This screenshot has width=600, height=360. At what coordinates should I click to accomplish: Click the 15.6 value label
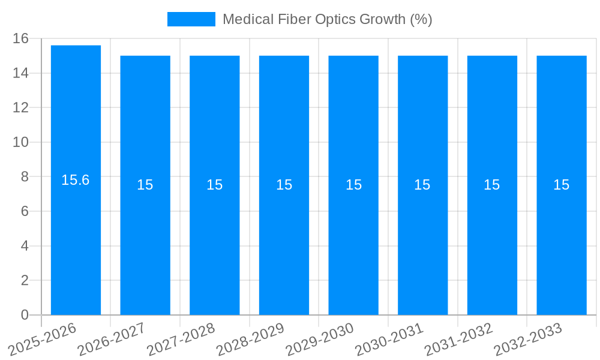[x=76, y=180]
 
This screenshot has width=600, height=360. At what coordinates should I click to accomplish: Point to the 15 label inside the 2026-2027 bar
[x=145, y=185]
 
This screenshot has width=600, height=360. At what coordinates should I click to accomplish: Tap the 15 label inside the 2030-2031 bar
[x=422, y=185]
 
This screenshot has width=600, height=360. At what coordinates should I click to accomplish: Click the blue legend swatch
[x=191, y=19]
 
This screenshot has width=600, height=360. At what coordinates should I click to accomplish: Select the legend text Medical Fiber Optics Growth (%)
[x=327, y=19]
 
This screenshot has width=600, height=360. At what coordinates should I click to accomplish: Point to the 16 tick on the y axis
[x=20, y=38]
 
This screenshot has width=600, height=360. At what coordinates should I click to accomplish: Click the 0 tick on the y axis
[x=25, y=315]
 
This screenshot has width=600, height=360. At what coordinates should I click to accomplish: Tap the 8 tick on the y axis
[x=25, y=177]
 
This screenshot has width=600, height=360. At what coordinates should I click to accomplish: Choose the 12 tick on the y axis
[x=20, y=108]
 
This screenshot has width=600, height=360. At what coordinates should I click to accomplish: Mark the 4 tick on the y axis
[x=25, y=246]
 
